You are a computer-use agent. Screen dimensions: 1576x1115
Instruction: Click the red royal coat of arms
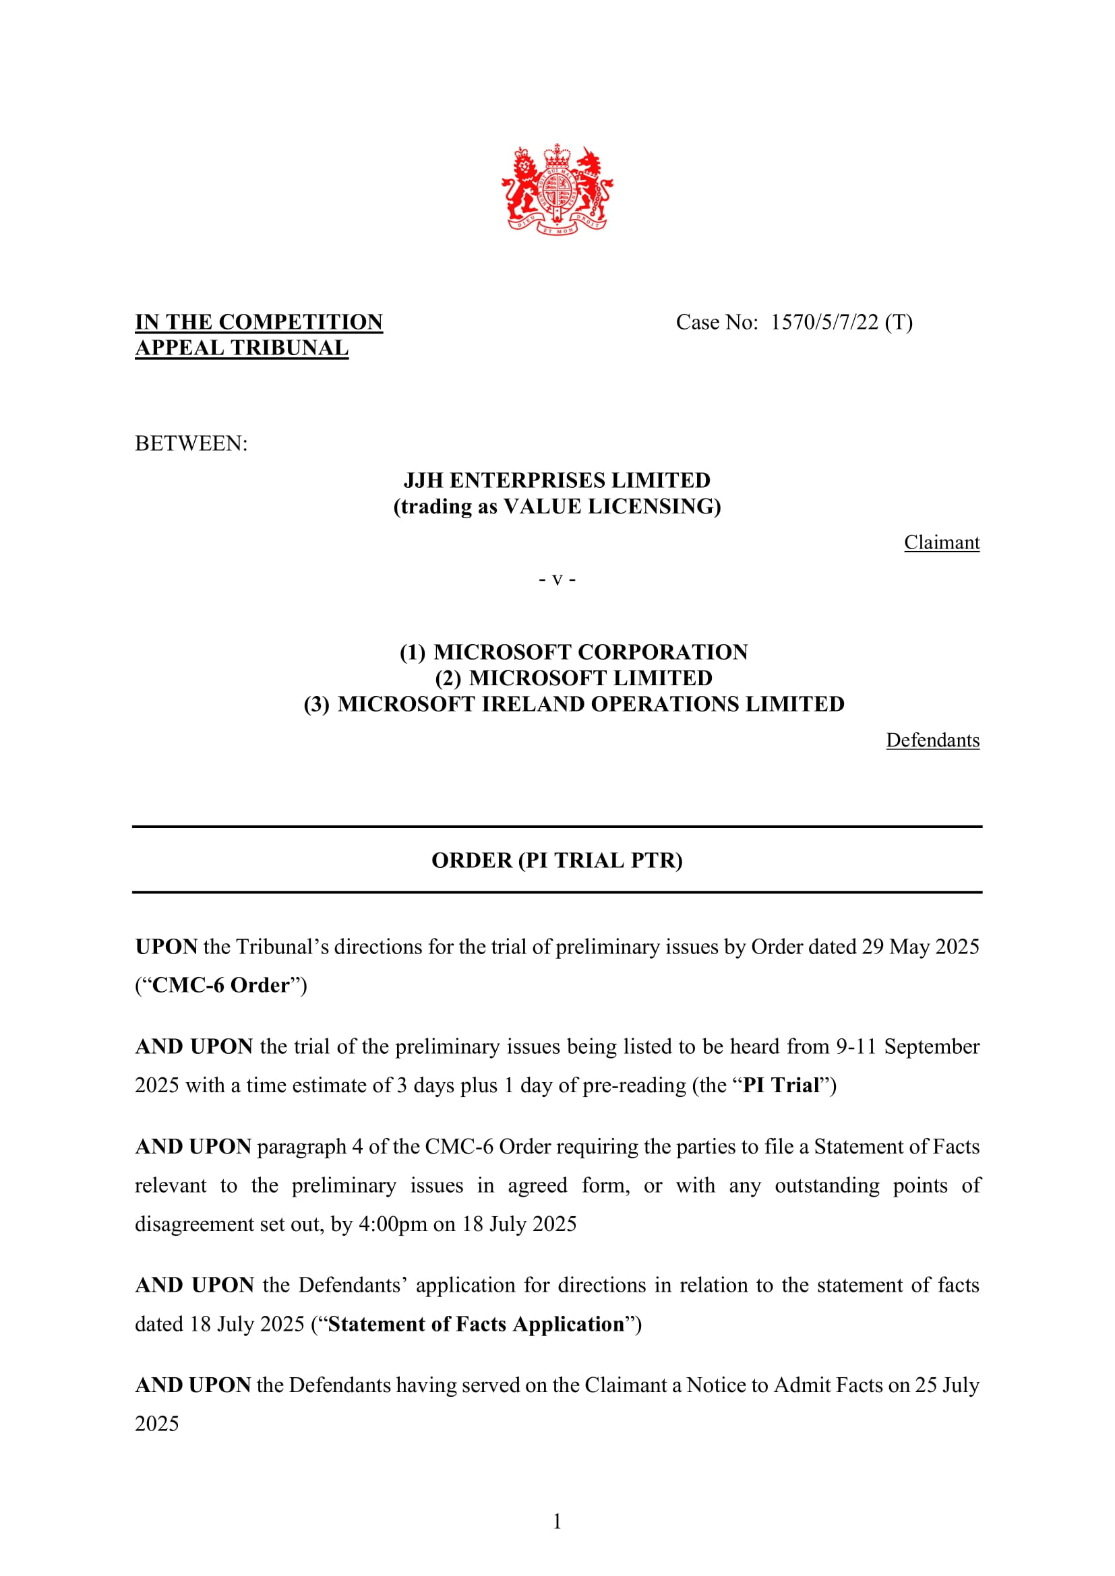click(557, 189)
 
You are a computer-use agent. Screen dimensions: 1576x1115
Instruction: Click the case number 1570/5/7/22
click(824, 322)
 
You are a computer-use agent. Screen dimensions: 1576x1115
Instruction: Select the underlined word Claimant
click(941, 542)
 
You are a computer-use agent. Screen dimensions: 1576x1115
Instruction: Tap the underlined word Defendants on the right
click(932, 740)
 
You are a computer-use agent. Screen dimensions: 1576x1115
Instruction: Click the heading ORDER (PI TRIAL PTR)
click(557, 860)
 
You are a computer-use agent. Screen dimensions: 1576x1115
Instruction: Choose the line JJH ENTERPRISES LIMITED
click(557, 480)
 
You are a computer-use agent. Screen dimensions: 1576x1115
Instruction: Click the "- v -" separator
click(557, 579)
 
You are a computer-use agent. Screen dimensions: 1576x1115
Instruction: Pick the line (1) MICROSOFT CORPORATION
click(574, 652)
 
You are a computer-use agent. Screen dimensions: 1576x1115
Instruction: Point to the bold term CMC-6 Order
click(220, 985)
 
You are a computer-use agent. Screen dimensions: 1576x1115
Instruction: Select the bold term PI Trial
click(781, 1085)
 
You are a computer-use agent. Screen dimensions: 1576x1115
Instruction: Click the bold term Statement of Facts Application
click(476, 1324)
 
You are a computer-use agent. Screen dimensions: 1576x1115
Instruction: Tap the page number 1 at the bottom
click(557, 1522)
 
